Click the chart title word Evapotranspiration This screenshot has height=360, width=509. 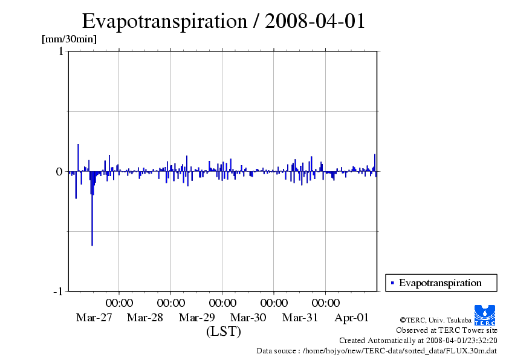click(x=163, y=21)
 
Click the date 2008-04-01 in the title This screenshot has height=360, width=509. click(x=315, y=21)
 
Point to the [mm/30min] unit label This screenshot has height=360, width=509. click(x=68, y=39)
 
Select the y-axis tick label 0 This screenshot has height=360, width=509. click(x=60, y=172)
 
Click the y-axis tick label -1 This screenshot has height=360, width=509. click(x=58, y=292)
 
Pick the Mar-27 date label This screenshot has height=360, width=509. click(x=94, y=318)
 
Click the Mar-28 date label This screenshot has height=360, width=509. click(x=146, y=318)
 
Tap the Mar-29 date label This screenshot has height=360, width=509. click(x=197, y=318)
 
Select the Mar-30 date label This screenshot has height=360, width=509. click(x=248, y=318)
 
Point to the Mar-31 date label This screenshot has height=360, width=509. click(x=300, y=318)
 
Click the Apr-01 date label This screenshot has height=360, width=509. click(x=351, y=318)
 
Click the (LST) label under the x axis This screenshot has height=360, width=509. click(x=224, y=332)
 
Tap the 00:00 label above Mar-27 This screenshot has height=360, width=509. click(x=120, y=303)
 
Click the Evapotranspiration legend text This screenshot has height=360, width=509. click(x=440, y=283)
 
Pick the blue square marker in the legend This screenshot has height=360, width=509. click(x=392, y=283)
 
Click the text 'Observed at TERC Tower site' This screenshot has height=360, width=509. click(x=447, y=330)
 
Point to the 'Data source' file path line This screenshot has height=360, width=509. click(x=377, y=350)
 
